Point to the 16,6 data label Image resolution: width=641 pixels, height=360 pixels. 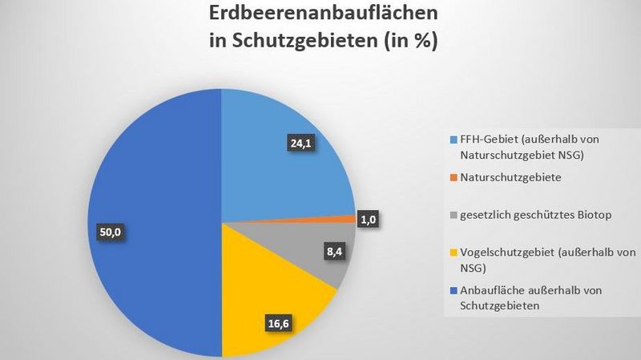tap(280, 324)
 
